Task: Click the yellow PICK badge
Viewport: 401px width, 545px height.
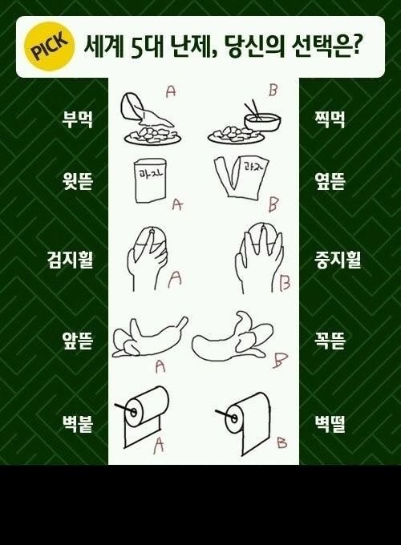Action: (50, 46)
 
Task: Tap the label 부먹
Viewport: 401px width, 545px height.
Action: (77, 120)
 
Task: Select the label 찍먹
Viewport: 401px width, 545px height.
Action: (329, 120)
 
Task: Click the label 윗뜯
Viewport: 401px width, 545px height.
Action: (77, 182)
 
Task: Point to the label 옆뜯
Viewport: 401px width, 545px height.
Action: (329, 182)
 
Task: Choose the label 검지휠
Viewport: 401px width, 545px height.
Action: (70, 260)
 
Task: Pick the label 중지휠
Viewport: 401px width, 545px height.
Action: (338, 260)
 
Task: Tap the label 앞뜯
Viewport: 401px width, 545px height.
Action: (77, 341)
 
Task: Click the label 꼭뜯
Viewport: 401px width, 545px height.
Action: (329, 341)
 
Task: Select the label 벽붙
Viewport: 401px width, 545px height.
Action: (77, 425)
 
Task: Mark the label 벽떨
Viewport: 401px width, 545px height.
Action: (329, 425)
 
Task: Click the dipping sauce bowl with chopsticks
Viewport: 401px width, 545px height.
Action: (262, 118)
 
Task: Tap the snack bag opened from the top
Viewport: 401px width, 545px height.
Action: (150, 181)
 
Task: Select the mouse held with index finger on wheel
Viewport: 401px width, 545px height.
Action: (148, 258)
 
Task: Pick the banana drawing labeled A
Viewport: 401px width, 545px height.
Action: (150, 337)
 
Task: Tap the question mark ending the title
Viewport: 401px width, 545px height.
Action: (354, 46)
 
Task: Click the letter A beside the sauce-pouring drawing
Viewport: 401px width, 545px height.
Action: (171, 91)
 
